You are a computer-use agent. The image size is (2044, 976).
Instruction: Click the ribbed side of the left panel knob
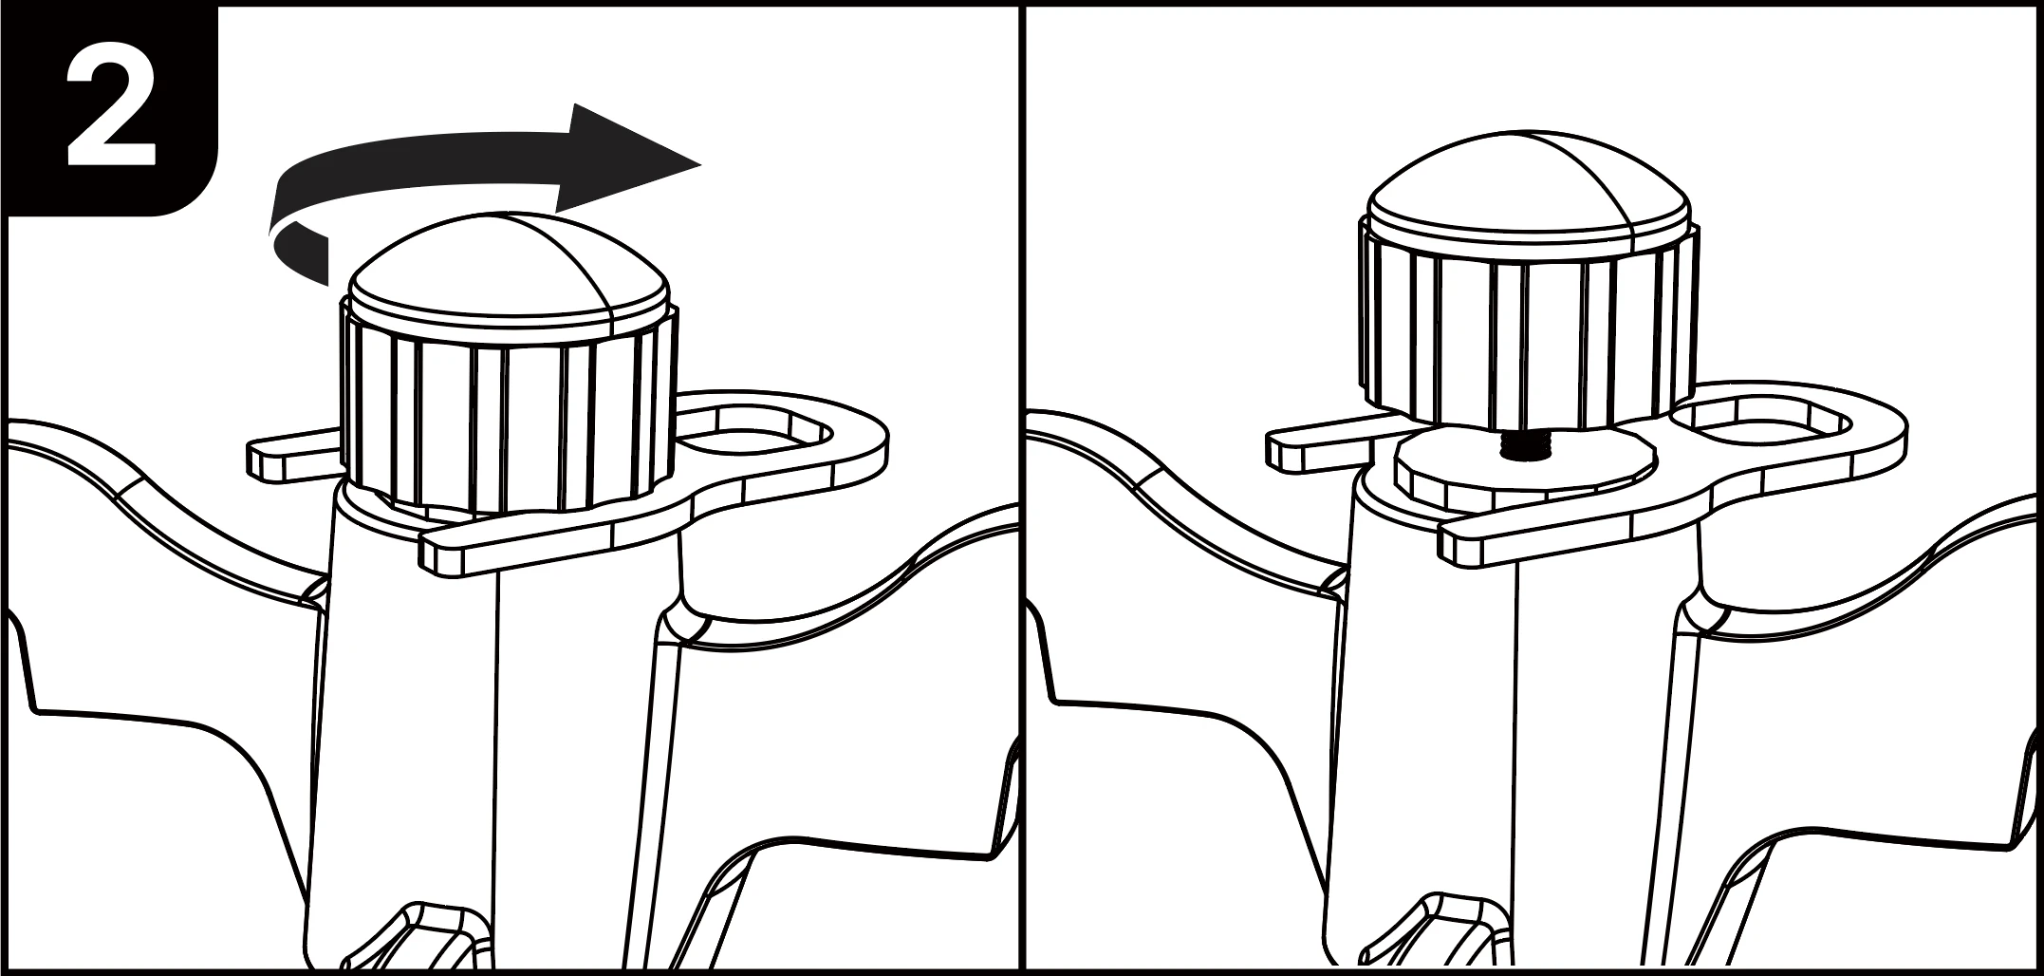coord(509,418)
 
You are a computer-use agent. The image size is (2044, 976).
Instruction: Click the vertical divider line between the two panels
coord(1022,488)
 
